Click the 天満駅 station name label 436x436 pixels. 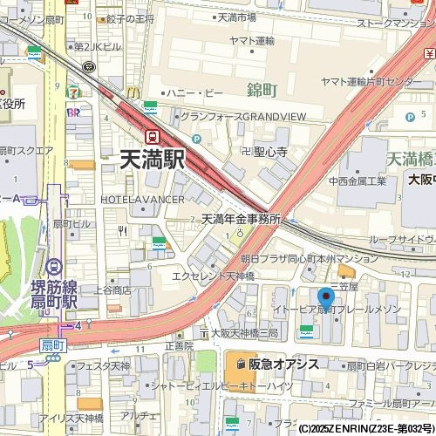153,159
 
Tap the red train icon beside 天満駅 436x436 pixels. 153,136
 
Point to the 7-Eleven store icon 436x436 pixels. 77,90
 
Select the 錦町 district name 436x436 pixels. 262,90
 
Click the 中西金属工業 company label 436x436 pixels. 357,181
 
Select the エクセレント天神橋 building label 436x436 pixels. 213,276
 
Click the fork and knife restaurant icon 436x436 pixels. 124,231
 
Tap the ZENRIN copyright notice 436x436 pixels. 365,429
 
